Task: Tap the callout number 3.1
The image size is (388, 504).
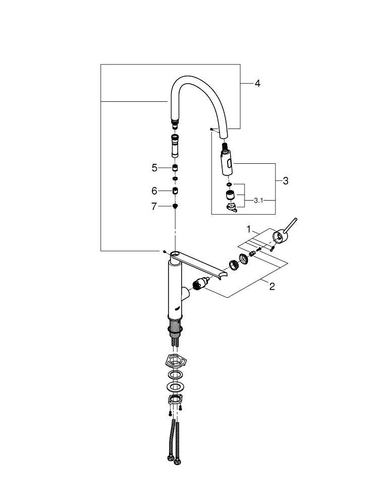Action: click(x=259, y=200)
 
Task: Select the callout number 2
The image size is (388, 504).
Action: click(x=272, y=287)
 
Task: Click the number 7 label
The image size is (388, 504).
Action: click(x=154, y=206)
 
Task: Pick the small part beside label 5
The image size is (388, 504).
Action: click(x=175, y=167)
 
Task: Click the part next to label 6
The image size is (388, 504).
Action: click(x=175, y=191)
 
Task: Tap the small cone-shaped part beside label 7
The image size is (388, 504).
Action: click(x=175, y=206)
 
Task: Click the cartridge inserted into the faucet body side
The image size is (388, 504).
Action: click(x=199, y=286)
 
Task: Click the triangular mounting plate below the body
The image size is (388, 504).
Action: click(x=174, y=361)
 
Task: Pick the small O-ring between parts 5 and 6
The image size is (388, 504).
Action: click(x=175, y=178)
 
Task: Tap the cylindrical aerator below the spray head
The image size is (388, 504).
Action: click(x=229, y=196)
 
